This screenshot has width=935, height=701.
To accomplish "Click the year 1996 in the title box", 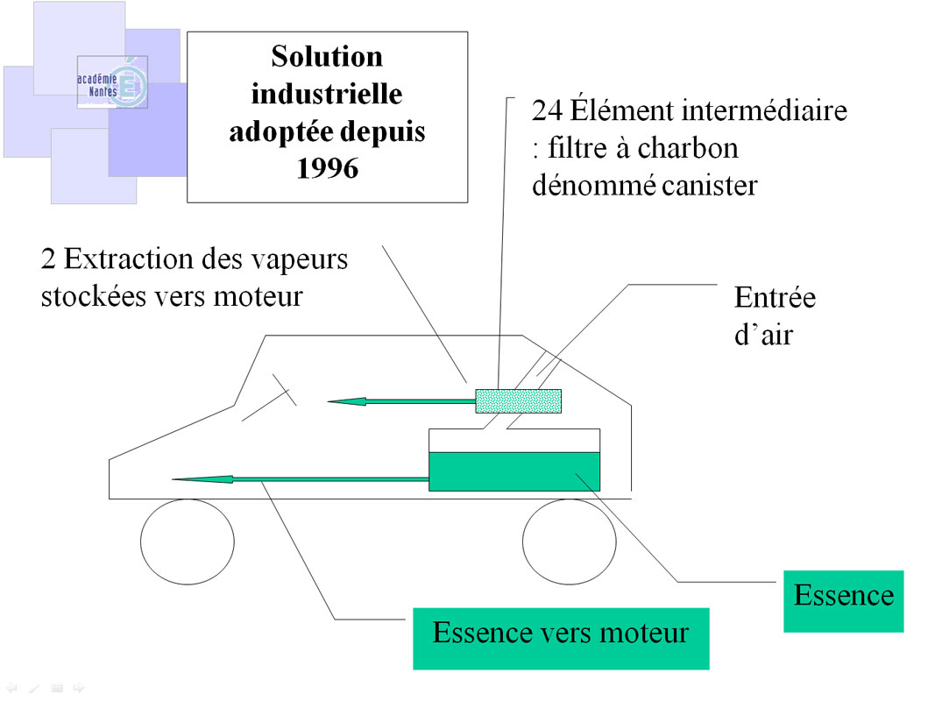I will click(x=327, y=167).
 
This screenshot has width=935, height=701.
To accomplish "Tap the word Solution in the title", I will click(x=327, y=57).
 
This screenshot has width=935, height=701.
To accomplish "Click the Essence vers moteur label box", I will click(x=561, y=633).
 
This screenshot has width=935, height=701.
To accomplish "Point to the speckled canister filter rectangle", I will click(x=518, y=400).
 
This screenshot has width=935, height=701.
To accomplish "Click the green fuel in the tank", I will click(x=514, y=471).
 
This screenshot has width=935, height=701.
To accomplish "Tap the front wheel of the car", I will click(x=188, y=541).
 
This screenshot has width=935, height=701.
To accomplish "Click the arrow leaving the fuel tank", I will click(x=298, y=478).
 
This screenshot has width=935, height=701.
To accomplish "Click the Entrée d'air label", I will click(x=774, y=315).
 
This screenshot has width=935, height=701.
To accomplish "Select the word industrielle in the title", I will click(x=327, y=94).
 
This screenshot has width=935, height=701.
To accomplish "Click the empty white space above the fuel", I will click(x=514, y=440).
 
